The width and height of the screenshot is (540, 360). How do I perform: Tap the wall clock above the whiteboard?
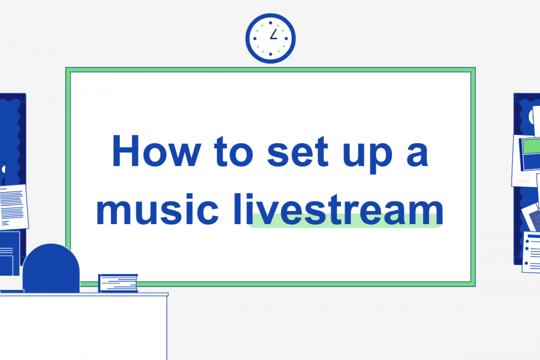click(270, 38)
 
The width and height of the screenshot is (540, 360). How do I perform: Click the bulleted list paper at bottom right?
click(532, 252)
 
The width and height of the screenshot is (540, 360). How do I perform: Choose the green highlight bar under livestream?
click(346, 221)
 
